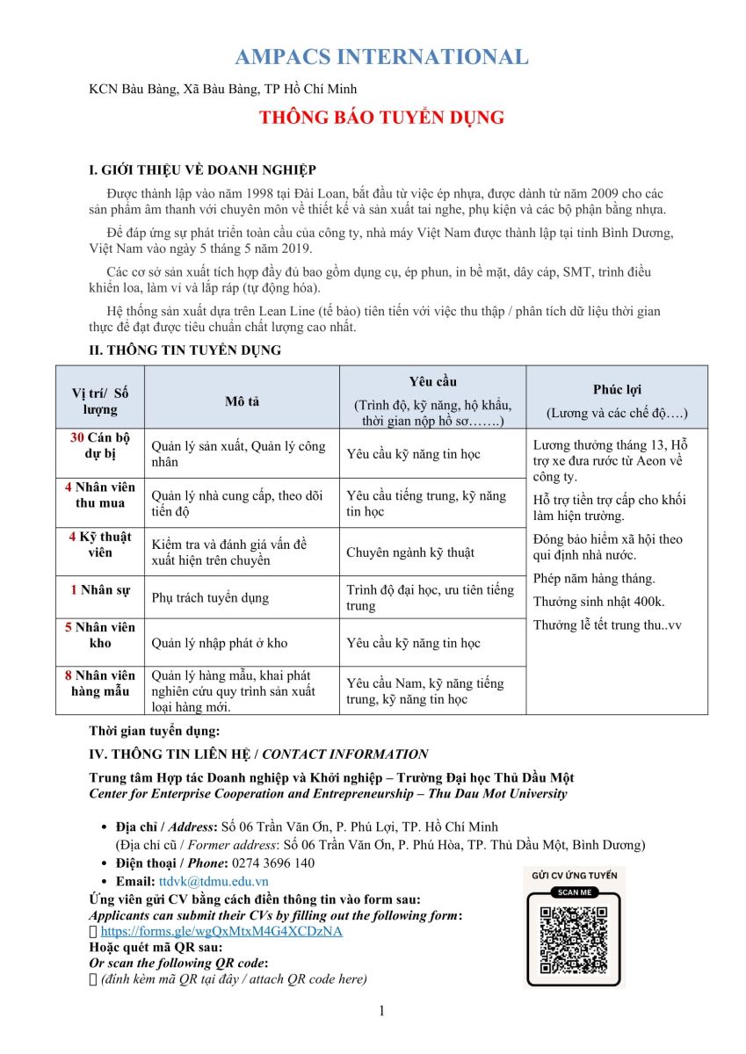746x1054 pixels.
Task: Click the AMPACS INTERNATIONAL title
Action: [381, 57]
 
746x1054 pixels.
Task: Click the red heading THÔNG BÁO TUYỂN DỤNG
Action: [381, 117]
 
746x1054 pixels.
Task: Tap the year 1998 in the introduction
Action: [224, 191]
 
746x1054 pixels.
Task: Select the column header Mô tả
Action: [242, 401]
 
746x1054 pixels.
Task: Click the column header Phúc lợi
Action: [617, 390]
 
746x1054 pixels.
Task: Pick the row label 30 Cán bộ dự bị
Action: [99, 445]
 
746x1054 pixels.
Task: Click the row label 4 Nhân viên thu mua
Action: [99, 495]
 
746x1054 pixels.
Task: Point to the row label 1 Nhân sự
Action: [99, 589]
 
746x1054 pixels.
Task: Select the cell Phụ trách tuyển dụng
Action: [210, 598]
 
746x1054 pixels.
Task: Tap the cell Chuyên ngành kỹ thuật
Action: [409, 552]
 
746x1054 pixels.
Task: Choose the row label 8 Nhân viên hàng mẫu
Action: [99, 682]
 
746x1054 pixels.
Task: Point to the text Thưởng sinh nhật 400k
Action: [598, 602]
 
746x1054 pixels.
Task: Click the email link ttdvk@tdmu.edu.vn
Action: [214, 881]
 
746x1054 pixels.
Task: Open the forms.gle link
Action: [221, 931]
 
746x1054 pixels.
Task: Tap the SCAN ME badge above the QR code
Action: [574, 892]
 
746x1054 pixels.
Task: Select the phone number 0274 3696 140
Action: [273, 863]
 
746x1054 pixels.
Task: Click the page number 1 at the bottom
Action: [381, 1011]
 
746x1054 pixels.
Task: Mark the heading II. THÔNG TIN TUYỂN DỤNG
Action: [185, 350]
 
